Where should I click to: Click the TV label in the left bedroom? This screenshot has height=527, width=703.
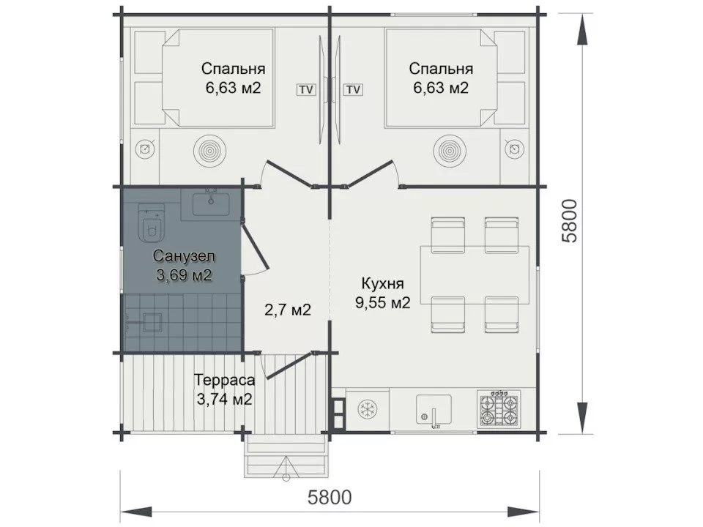(306, 89)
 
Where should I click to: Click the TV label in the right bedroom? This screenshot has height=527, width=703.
(353, 89)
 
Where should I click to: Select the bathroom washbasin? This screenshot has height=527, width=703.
(211, 204)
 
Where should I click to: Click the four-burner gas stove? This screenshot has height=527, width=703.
(499, 409)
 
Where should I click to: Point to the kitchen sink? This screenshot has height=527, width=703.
(434, 410)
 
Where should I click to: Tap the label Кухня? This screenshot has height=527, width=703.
(382, 284)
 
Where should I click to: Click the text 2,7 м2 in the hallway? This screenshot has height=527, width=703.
(287, 309)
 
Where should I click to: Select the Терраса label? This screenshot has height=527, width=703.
(225, 380)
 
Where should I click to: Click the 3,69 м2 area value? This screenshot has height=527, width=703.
(184, 274)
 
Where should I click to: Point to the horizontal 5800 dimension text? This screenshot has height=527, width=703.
(330, 497)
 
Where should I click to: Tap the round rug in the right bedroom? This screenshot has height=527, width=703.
(450, 149)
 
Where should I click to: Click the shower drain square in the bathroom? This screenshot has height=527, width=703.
(152, 323)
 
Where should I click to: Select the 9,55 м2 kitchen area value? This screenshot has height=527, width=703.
(383, 302)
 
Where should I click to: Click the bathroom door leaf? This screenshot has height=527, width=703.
(255, 246)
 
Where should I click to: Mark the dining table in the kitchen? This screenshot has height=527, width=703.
(475, 275)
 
